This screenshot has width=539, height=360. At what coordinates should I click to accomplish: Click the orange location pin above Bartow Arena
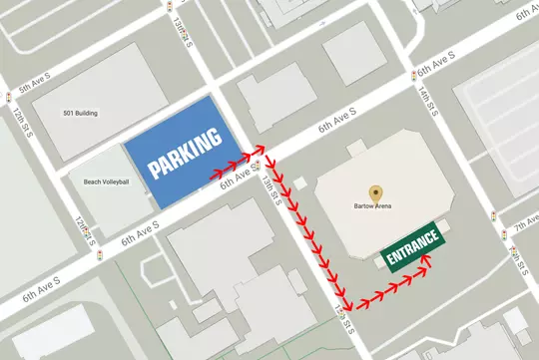click(376, 191)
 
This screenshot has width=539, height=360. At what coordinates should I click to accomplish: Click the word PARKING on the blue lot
click(185, 153)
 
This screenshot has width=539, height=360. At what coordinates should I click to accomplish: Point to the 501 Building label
click(80, 113)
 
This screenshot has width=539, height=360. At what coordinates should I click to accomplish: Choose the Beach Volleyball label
click(106, 181)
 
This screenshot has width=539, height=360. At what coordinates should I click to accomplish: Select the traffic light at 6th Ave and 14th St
click(413, 76)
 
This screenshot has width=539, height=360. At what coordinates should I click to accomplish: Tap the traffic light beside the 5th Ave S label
click(10, 98)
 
